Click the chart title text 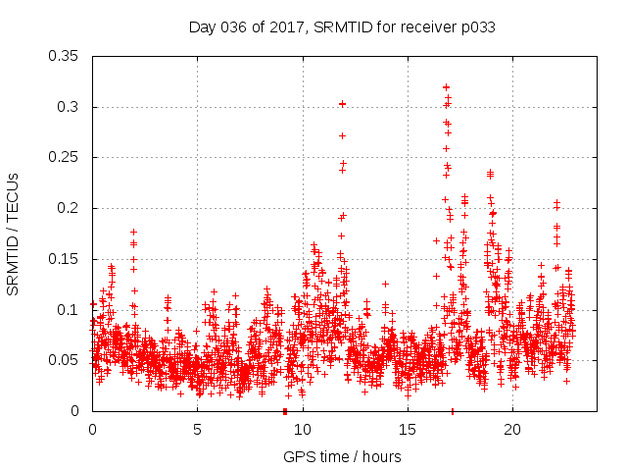(x=342, y=27)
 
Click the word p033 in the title (x=477, y=27)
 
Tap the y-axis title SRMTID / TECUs (x=14, y=233)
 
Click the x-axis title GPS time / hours (x=342, y=456)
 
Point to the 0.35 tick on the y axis (x=64, y=56)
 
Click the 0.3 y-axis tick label (x=68, y=107)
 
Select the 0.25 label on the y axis (x=64, y=157)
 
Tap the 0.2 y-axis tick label (x=68, y=208)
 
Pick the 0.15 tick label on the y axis (x=64, y=259)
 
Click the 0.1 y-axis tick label (x=68, y=310)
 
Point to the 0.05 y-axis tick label (x=64, y=360)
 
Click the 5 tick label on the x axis (x=197, y=430)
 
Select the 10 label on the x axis (x=303, y=430)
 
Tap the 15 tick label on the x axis (x=408, y=430)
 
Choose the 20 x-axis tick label (x=512, y=430)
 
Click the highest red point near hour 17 (x=446, y=87)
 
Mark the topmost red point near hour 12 (x=342, y=103)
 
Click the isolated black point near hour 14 (x=385, y=284)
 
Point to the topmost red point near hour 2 (x=133, y=232)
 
